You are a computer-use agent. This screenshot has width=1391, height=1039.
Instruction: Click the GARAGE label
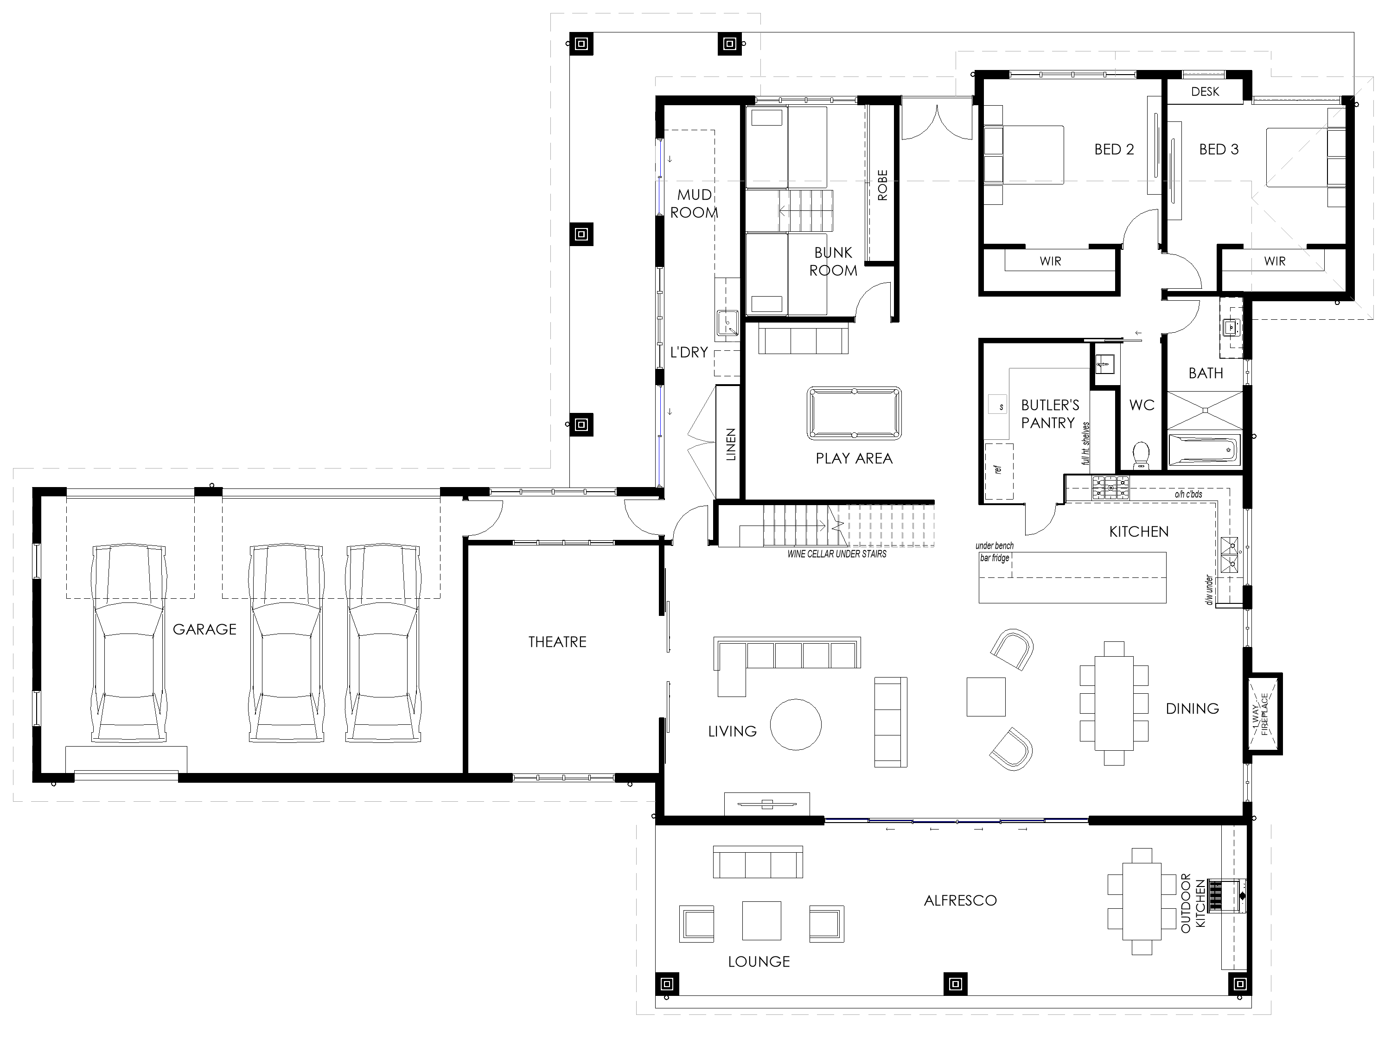pos(204,629)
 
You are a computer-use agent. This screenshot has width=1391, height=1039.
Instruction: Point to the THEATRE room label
pos(557,642)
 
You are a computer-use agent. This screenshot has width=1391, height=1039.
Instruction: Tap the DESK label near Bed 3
pos(1205,92)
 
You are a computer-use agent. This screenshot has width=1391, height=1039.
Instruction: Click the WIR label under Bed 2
pos(1050,261)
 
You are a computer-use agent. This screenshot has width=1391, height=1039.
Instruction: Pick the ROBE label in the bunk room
pos(882,185)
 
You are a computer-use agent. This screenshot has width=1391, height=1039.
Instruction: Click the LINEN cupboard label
pos(731,444)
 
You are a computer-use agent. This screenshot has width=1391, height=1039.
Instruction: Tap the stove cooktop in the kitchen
pos(1110,488)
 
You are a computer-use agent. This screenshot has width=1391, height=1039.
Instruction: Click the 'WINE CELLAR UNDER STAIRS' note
pos(837,554)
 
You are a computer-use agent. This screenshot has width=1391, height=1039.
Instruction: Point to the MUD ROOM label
pos(694,203)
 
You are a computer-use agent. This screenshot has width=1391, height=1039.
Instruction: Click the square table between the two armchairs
pos(985,697)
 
